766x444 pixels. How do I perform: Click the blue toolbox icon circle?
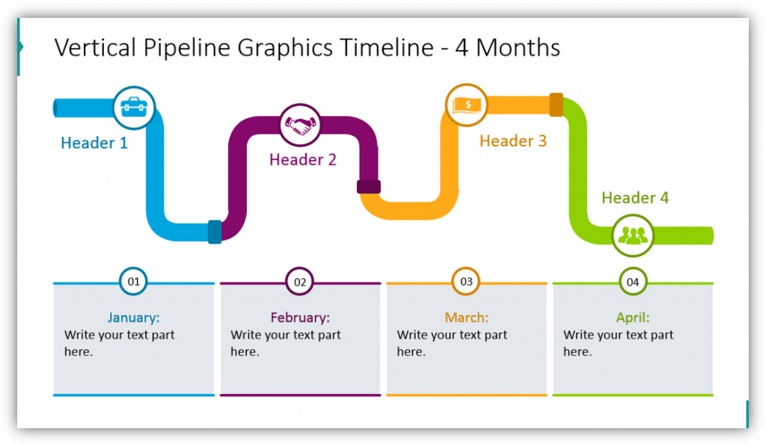coord(134,108)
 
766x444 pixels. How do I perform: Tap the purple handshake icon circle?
coord(301,125)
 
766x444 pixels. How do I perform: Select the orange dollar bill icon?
coord(467,105)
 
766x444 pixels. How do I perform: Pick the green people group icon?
coord(633,235)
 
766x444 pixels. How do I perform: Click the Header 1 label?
coord(94,143)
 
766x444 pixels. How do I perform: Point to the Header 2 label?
coord(303,159)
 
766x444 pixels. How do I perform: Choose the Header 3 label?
coord(513,141)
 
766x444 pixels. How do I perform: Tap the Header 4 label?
coord(635,197)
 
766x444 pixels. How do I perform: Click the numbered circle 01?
coord(133,282)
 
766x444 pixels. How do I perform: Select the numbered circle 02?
coord(300,282)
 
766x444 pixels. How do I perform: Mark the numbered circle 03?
coord(467,282)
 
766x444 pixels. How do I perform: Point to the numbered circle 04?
coord(633,282)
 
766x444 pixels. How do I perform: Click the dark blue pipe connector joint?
coord(215,232)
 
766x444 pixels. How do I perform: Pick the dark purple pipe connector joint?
coord(369,187)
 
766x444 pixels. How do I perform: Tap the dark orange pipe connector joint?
coord(557,105)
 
